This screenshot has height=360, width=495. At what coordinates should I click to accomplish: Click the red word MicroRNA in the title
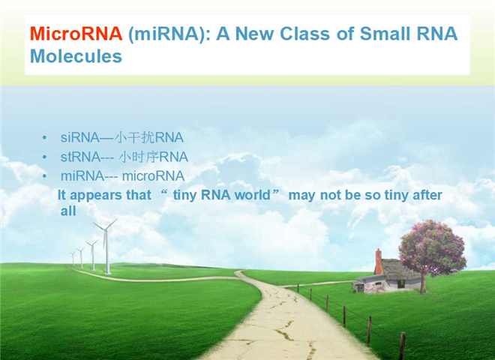point(76,34)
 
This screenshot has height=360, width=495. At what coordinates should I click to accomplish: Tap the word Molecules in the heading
point(76,56)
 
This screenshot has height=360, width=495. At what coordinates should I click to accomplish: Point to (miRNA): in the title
point(169,34)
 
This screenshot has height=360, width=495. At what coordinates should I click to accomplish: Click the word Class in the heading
point(304,34)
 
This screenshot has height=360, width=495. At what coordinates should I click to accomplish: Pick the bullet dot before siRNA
point(44,138)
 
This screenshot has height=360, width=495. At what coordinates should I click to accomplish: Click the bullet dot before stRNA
point(44,157)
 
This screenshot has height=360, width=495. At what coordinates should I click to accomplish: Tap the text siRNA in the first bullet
point(80,137)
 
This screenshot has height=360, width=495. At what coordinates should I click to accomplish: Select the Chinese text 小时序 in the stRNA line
point(138,157)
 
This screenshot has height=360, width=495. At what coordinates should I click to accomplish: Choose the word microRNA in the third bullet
point(154,176)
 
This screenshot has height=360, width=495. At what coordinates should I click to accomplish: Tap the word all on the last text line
point(68,211)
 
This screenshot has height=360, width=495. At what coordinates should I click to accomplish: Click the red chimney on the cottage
point(378,262)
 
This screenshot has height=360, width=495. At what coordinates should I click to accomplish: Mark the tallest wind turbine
point(107,246)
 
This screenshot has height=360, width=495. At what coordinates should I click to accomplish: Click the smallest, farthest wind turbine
point(73,258)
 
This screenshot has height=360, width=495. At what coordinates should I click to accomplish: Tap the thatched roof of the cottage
point(400,269)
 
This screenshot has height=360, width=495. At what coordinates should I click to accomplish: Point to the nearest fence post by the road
point(402,346)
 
